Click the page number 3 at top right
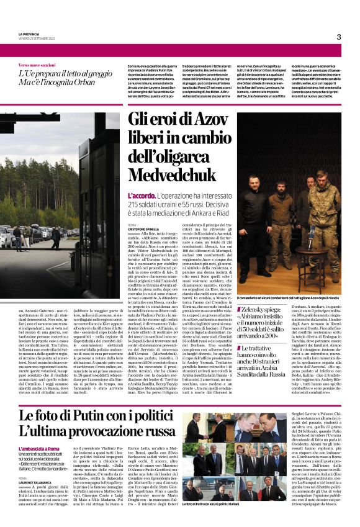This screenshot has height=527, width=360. (x=339, y=37)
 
